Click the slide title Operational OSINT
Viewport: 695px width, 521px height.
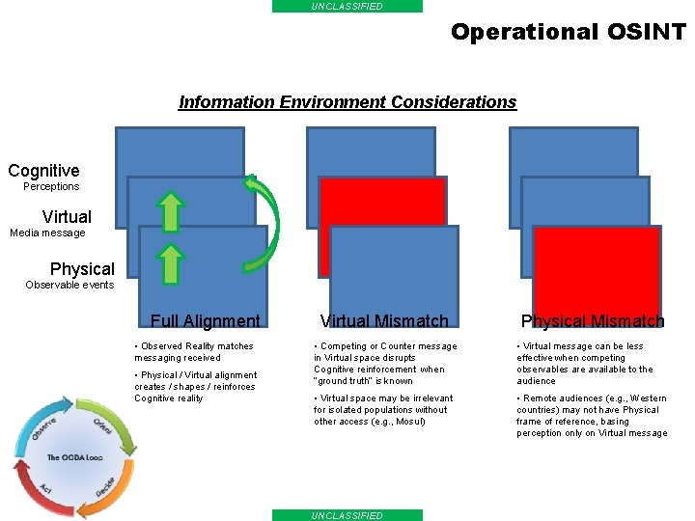point(568,32)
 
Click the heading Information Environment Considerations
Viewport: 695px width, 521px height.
point(347,102)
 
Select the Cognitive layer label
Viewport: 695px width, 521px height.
point(43,171)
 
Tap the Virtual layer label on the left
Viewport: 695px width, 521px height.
point(67,217)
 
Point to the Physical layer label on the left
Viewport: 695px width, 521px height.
point(82,269)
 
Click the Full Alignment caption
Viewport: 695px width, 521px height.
point(205,321)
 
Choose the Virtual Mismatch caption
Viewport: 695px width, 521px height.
point(384,321)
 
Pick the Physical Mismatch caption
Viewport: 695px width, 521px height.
point(593,321)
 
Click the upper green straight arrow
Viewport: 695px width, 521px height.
point(170,212)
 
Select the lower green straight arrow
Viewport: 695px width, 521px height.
point(170,263)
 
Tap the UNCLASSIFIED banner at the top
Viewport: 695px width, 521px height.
point(347,6)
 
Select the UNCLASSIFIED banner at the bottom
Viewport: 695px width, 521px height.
point(347,515)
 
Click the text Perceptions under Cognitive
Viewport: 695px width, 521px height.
point(51,186)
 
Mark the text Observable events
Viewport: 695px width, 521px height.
point(69,285)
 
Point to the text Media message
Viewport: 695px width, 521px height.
point(47,233)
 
